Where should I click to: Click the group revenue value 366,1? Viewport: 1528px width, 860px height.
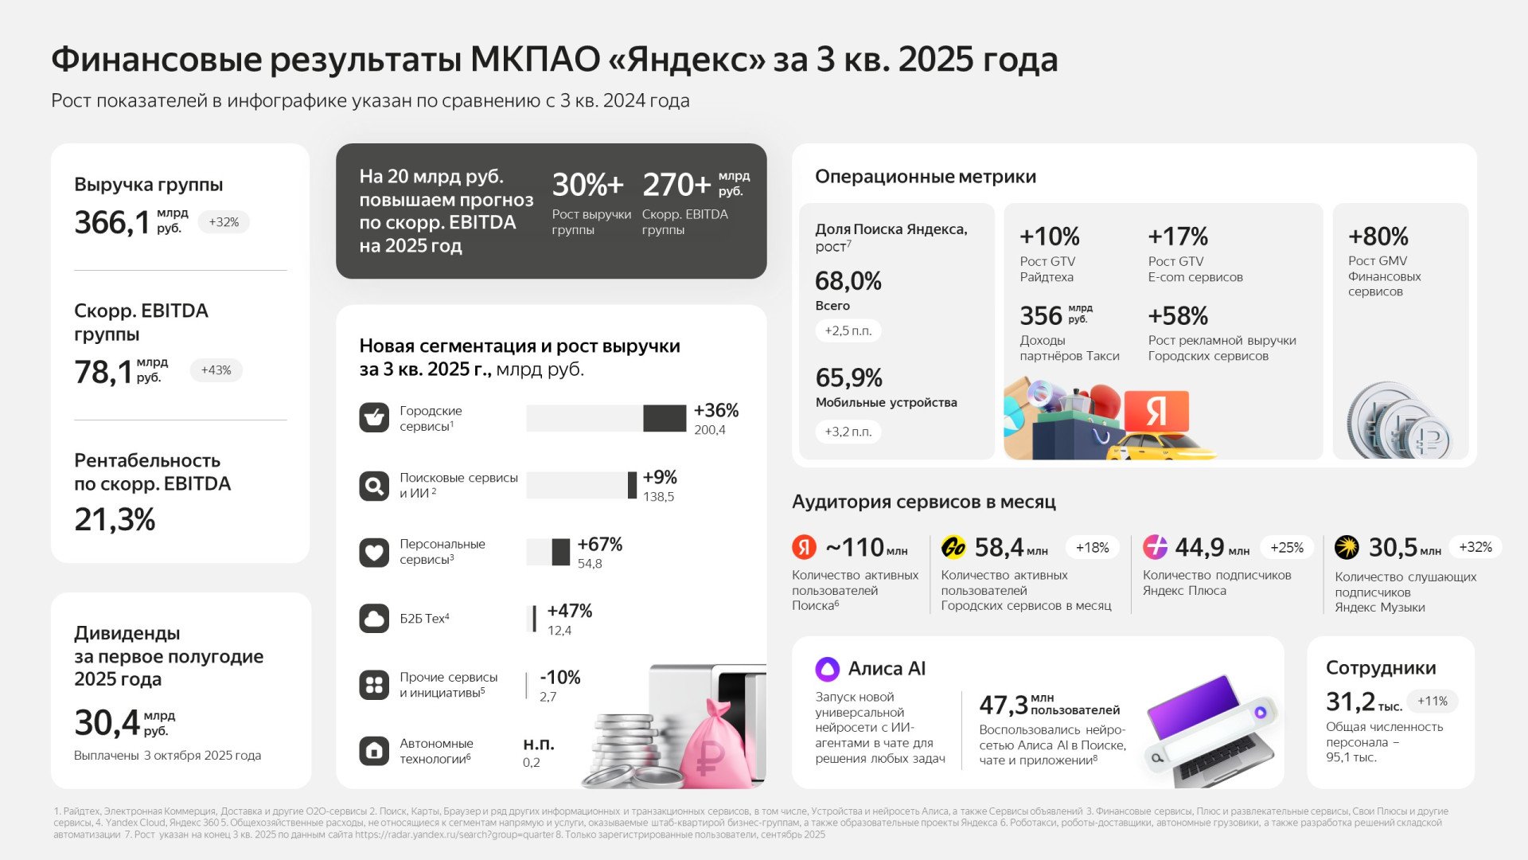click(111, 223)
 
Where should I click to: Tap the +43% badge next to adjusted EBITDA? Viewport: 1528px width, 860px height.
click(216, 370)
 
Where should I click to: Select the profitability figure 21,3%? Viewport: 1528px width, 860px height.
click(115, 520)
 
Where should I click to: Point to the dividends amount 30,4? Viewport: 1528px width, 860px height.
click(107, 723)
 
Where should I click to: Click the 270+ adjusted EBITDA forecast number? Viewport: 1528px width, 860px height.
click(676, 185)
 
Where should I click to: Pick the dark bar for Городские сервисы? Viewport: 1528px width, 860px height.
click(664, 418)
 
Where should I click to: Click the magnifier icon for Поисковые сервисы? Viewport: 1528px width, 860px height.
click(373, 485)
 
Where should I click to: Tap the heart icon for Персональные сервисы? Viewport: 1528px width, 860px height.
click(373, 552)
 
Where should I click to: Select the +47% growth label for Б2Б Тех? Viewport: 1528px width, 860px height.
click(569, 611)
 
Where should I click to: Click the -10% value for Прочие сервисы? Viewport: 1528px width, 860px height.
click(560, 678)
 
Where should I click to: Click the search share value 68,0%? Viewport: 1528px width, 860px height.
click(848, 281)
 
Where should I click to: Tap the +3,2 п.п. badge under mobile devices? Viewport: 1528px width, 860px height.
click(848, 432)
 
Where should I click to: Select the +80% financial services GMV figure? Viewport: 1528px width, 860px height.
click(1378, 236)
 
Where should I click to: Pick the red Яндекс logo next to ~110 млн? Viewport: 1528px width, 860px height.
click(805, 547)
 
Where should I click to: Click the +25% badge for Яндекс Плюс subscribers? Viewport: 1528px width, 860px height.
click(1286, 547)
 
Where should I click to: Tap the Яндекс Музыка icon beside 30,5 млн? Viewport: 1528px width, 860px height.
click(1347, 547)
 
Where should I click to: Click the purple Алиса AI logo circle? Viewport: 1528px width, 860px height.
click(828, 668)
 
